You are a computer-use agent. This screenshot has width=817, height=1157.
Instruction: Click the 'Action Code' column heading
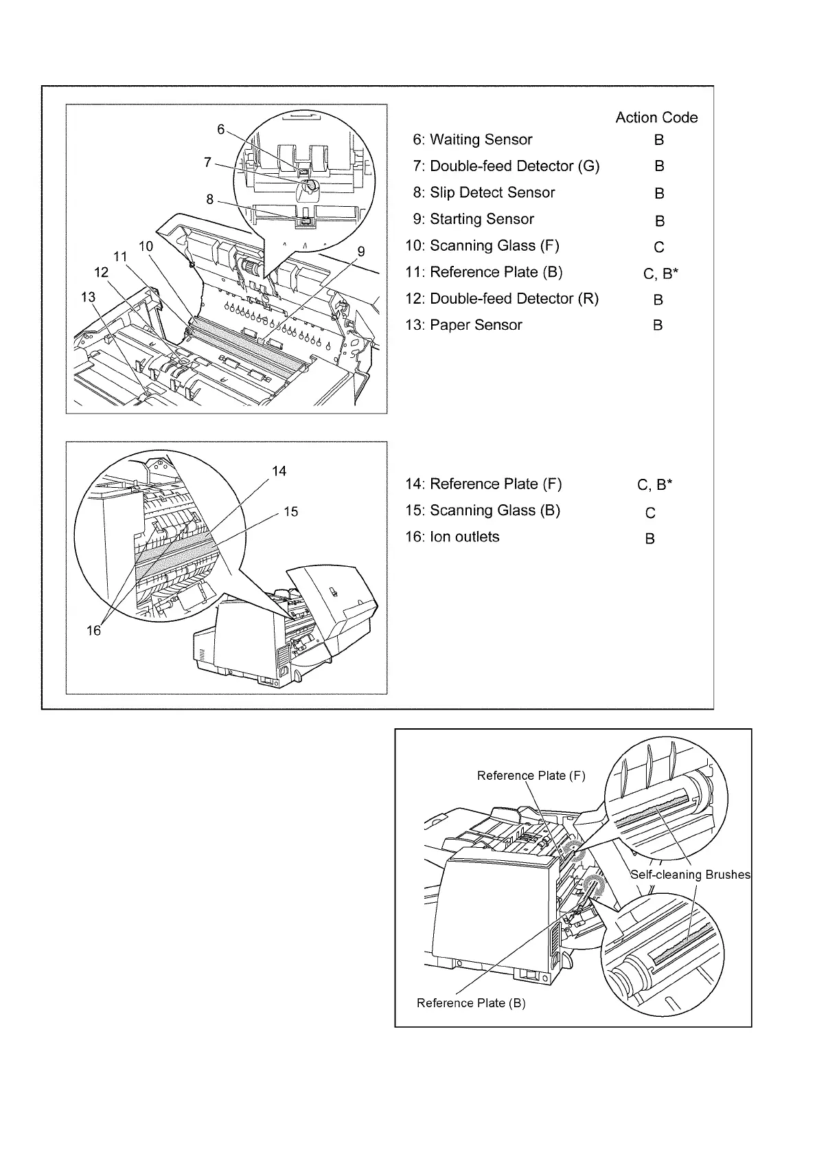[656, 117]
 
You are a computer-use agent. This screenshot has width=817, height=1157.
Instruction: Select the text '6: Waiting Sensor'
[472, 139]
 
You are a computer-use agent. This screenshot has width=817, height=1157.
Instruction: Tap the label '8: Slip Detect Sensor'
[483, 192]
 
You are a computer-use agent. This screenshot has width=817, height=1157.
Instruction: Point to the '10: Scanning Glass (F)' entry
[482, 245]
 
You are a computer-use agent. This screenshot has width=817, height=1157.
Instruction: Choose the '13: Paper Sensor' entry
[463, 325]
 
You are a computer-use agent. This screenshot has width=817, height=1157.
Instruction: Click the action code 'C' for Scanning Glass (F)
[659, 247]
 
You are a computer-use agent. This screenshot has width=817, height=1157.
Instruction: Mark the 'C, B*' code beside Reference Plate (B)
[660, 274]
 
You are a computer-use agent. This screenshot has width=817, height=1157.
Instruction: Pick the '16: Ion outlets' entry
[452, 537]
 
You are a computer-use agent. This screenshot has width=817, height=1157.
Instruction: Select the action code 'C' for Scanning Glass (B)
[650, 513]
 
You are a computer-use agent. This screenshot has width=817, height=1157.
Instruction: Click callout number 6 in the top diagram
[220, 129]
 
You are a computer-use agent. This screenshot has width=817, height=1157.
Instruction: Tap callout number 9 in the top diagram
[361, 251]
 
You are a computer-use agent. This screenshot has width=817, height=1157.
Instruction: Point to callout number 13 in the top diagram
[87, 297]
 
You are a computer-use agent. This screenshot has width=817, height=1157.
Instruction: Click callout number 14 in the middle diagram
[279, 471]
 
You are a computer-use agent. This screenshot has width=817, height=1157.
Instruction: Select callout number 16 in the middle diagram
[93, 630]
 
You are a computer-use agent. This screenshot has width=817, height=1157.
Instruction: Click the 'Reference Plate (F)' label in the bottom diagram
[531, 776]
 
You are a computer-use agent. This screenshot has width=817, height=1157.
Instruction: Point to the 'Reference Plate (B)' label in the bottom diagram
[471, 1003]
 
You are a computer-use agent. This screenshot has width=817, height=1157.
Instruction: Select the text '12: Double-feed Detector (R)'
[502, 298]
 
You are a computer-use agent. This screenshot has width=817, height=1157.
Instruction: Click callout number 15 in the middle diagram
[291, 512]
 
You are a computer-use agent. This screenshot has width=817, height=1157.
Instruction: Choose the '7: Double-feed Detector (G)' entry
[506, 166]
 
